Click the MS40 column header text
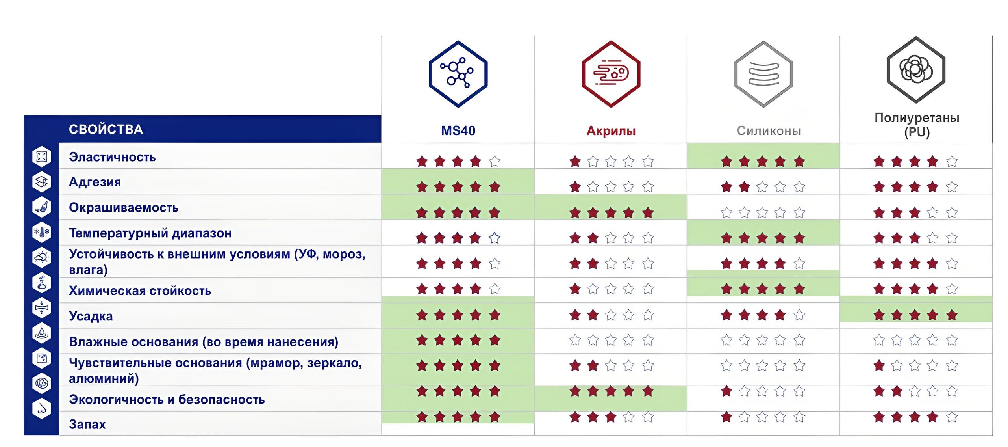[458, 130]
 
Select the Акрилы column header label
[611, 130]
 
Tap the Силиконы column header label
[769, 130]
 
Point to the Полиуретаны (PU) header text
[917, 125]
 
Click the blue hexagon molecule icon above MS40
[458, 74]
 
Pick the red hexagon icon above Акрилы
[611, 74]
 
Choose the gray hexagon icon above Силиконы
[763, 74]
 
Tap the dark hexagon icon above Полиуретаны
[916, 69]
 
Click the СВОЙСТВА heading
[106, 129]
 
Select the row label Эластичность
[112, 157]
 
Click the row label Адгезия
[95, 182]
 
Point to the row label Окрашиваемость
[124, 208]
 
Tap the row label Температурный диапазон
[150, 233]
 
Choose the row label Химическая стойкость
[140, 291]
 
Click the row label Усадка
[91, 316]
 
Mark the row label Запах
[87, 424]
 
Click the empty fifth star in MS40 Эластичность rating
[495, 161]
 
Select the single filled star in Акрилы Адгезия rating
[575, 186]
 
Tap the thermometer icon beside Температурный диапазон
[42, 232]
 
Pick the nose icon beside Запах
[42, 408]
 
